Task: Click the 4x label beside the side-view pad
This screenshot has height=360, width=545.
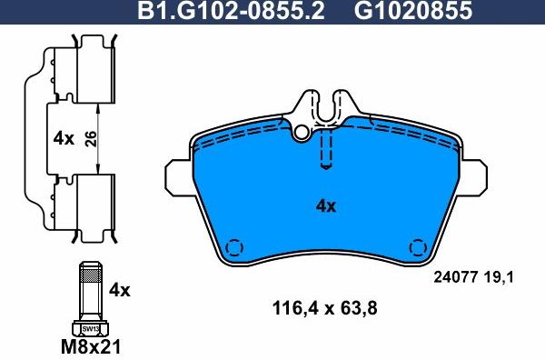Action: pos(63,139)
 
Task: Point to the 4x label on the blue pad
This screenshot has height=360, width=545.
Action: pos(325,205)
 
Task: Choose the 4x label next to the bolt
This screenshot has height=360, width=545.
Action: pos(120,290)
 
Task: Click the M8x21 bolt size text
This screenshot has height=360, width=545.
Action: pos(90,346)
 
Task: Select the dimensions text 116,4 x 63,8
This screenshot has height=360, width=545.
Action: pos(325,307)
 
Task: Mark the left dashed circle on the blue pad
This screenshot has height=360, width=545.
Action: pos(234,246)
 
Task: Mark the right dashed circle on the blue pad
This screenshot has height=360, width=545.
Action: pos(418,246)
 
